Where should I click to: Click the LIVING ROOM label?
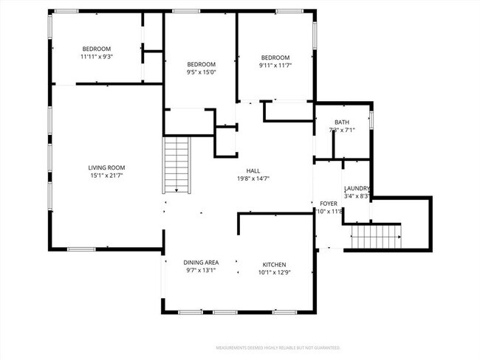pos(106,167)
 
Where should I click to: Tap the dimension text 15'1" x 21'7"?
pos(106,176)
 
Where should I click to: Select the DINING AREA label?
pos(201,263)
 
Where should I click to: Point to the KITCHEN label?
pos(274,265)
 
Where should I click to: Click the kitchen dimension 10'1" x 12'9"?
pos(274,273)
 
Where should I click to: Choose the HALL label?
pos(253,170)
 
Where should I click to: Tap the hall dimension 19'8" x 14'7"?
pos(253,179)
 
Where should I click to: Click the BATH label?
pos(341,122)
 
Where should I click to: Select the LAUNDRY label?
pos(357,188)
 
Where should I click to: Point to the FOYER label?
pos(328,204)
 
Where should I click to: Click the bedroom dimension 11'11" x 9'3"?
pos(96,57)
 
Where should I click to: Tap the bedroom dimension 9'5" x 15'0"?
pos(201,72)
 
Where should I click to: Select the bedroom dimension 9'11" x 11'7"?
pos(274,66)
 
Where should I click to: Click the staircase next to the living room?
pos(176,165)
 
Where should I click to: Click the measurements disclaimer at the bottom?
pos(277,347)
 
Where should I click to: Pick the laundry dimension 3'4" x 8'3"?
pos(357,196)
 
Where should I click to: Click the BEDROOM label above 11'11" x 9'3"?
pos(96,49)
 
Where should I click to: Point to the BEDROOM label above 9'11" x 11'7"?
pos(274,58)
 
